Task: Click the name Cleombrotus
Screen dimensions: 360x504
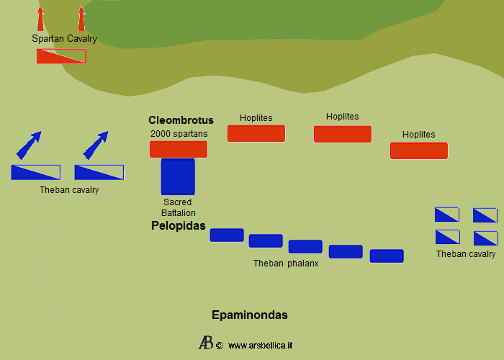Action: point(181,120)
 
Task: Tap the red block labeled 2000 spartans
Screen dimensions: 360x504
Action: point(179,149)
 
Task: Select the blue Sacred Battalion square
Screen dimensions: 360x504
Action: point(178,176)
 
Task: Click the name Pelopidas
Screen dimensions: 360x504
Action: point(179,225)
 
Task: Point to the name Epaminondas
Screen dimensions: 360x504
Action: point(250,315)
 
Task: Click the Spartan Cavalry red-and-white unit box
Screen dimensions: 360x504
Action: point(61,56)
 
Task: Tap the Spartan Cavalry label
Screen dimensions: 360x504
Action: point(64,39)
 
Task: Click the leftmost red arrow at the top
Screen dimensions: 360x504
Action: point(41,18)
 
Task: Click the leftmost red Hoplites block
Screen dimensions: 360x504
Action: point(256,133)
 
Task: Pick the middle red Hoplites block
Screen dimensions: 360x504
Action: point(342,134)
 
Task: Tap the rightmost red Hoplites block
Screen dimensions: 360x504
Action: point(418,150)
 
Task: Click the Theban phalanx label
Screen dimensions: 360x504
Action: point(286,264)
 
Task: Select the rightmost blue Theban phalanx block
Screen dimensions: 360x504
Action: point(387,256)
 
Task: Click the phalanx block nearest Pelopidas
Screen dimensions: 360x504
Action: point(227,235)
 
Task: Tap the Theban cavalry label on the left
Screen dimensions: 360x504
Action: point(69,190)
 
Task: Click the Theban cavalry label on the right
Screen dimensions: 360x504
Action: point(466,254)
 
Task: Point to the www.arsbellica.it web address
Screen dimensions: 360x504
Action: point(260,346)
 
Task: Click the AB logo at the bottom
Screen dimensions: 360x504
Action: point(205,343)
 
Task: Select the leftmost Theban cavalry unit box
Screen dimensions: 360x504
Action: point(35,172)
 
